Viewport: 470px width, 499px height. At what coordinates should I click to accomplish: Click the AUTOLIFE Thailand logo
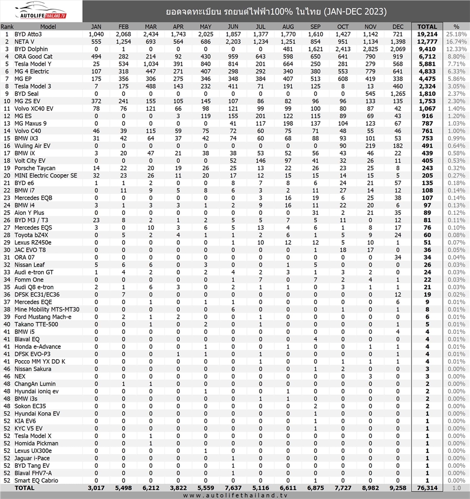coord(41,11)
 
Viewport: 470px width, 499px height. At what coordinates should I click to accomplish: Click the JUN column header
coord(233,27)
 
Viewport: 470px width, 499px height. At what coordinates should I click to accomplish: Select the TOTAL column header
coord(427,27)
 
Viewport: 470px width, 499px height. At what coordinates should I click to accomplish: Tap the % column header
coord(456,27)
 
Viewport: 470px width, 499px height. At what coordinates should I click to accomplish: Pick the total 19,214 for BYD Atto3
coord(427,35)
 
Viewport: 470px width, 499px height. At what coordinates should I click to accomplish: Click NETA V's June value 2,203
coord(233,42)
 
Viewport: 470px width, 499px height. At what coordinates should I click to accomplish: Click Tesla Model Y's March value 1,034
coord(151,64)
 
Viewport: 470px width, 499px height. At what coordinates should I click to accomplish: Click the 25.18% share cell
coord(457,35)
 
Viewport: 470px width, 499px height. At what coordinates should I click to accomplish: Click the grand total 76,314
coord(427,488)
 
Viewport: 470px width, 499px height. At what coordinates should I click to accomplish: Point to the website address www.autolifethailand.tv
coord(235,495)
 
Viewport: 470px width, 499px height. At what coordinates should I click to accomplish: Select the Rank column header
coord(7,27)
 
